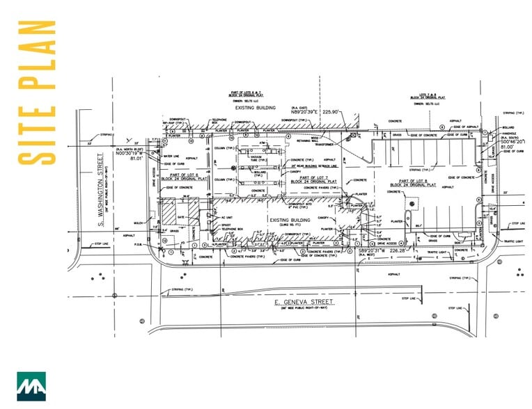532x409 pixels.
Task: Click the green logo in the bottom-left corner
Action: (x=31, y=386)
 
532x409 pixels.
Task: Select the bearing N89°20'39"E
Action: (x=298, y=111)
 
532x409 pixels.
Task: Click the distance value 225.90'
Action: (x=329, y=111)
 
